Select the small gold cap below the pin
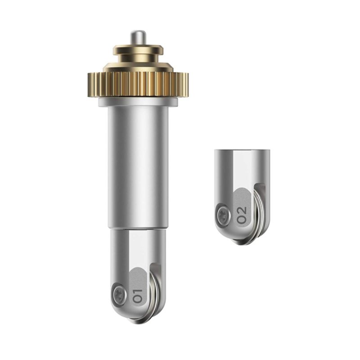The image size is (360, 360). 138,53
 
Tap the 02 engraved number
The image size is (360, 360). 242,215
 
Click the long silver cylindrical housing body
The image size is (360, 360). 138,167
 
